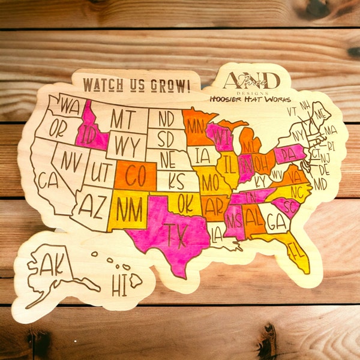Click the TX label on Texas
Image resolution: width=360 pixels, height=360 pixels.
[x=175, y=232]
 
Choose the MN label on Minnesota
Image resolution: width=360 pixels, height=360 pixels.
[x=194, y=126]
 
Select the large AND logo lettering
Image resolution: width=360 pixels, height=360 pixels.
[x=250, y=80]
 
